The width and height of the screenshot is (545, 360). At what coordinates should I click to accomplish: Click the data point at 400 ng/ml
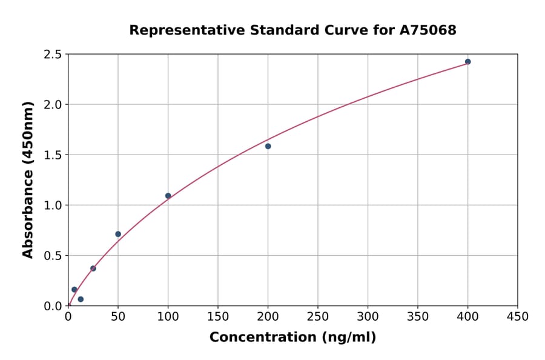[x=467, y=62]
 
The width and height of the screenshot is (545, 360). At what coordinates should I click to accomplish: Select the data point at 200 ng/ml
[x=268, y=146]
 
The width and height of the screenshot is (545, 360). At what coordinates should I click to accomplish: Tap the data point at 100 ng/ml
[x=168, y=196]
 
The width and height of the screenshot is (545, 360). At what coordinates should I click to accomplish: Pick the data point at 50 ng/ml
[x=118, y=234]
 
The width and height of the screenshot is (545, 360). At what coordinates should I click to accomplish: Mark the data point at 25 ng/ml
[x=93, y=268]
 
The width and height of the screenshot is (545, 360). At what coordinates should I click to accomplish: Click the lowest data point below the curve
[x=81, y=299]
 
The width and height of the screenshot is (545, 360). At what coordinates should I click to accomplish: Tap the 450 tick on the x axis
[x=518, y=316]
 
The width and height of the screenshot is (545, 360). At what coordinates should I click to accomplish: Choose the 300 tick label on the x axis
[x=368, y=316]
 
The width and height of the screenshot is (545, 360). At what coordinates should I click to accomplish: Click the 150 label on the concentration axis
[x=218, y=316]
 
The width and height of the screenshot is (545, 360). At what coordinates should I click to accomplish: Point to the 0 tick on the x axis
[x=68, y=316]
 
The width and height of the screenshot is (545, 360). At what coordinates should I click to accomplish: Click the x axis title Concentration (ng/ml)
[x=292, y=338]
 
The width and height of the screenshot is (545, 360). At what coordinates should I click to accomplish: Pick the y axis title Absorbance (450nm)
[x=28, y=179]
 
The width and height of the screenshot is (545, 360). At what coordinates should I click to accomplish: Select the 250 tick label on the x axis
[x=318, y=316]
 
